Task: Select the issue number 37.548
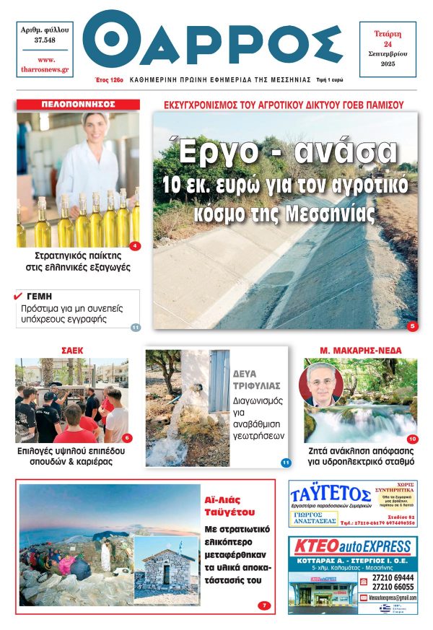(x=44, y=40)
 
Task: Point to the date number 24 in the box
(x=388, y=44)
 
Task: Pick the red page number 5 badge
(x=412, y=326)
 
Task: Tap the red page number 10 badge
(x=412, y=439)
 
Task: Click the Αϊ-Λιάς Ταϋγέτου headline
(x=227, y=505)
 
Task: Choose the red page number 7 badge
(x=264, y=605)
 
